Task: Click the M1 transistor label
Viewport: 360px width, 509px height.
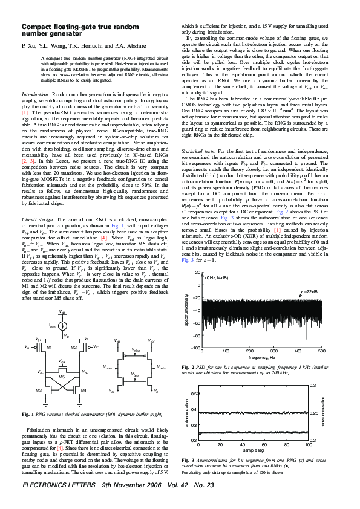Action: click(x=50, y=348)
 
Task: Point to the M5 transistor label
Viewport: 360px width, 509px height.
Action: click(x=62, y=377)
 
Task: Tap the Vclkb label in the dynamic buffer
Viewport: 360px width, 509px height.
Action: click(x=136, y=350)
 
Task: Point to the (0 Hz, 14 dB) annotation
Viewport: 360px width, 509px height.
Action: click(x=216, y=277)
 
